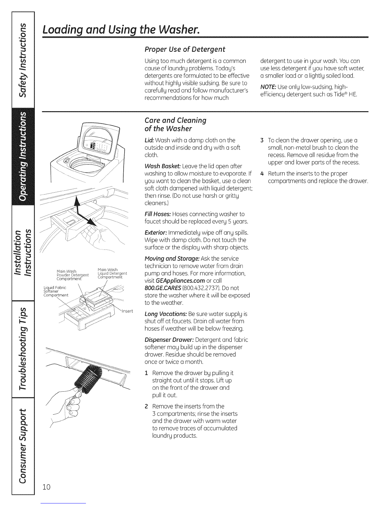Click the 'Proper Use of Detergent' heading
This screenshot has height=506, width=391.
coord(185,49)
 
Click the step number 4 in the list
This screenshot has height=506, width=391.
coord(261,174)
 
